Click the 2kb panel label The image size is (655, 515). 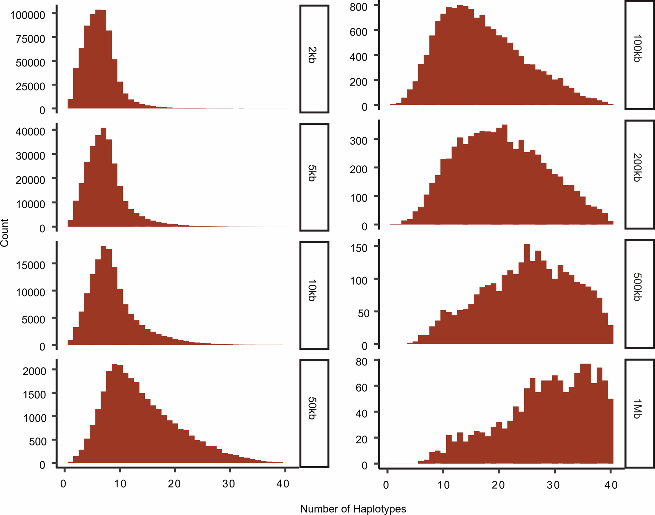coord(312,55)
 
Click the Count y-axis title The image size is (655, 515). coord(5,233)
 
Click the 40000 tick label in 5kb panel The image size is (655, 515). coord(30,131)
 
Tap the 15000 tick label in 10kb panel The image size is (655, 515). coord(30,265)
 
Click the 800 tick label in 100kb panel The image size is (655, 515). coord(358,7)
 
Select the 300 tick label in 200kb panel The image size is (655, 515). coord(358,141)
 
